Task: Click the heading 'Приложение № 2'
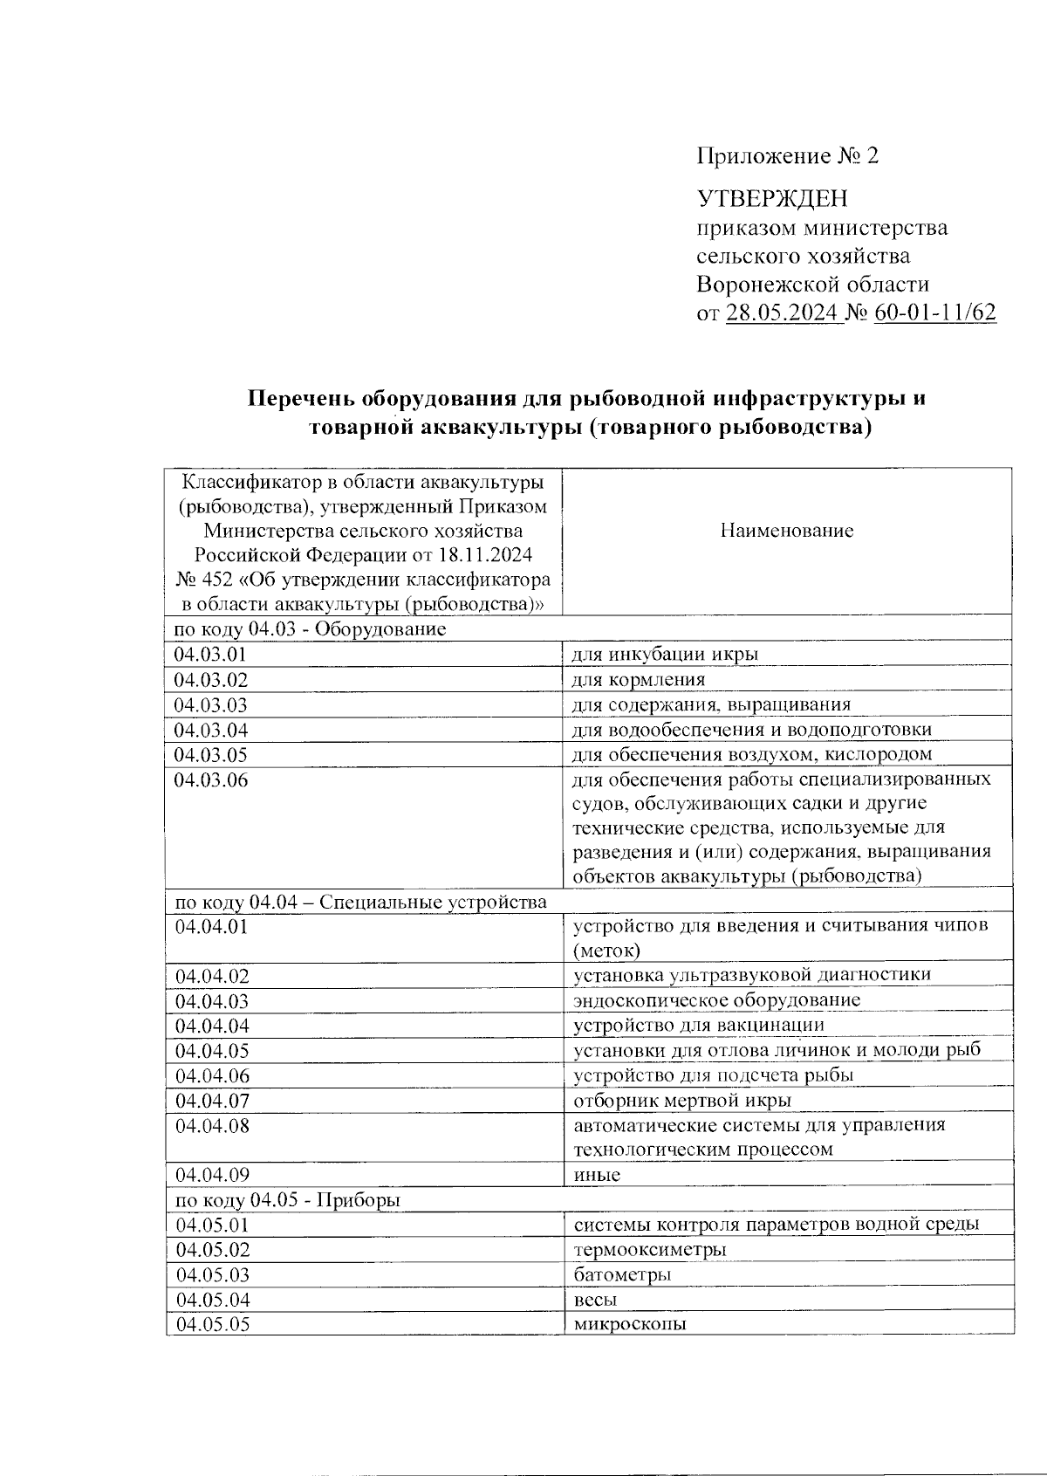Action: coord(787,156)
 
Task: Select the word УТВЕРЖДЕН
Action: coord(772,199)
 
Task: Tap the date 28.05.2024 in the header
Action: coord(782,313)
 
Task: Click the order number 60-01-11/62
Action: coord(934,313)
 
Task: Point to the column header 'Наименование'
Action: coord(786,531)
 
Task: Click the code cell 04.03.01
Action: coord(211,655)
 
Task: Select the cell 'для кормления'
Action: coord(639,679)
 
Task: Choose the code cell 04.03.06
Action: coord(211,780)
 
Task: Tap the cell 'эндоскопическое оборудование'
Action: coord(716,1000)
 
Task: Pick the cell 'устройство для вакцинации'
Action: coord(698,1025)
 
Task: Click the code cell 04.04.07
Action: coord(212,1101)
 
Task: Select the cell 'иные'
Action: coord(597,1175)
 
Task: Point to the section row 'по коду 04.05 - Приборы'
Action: coord(288,1200)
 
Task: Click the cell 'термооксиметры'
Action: coord(650,1250)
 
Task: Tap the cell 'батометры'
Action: coord(622,1274)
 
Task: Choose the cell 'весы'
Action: coord(595,1300)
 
